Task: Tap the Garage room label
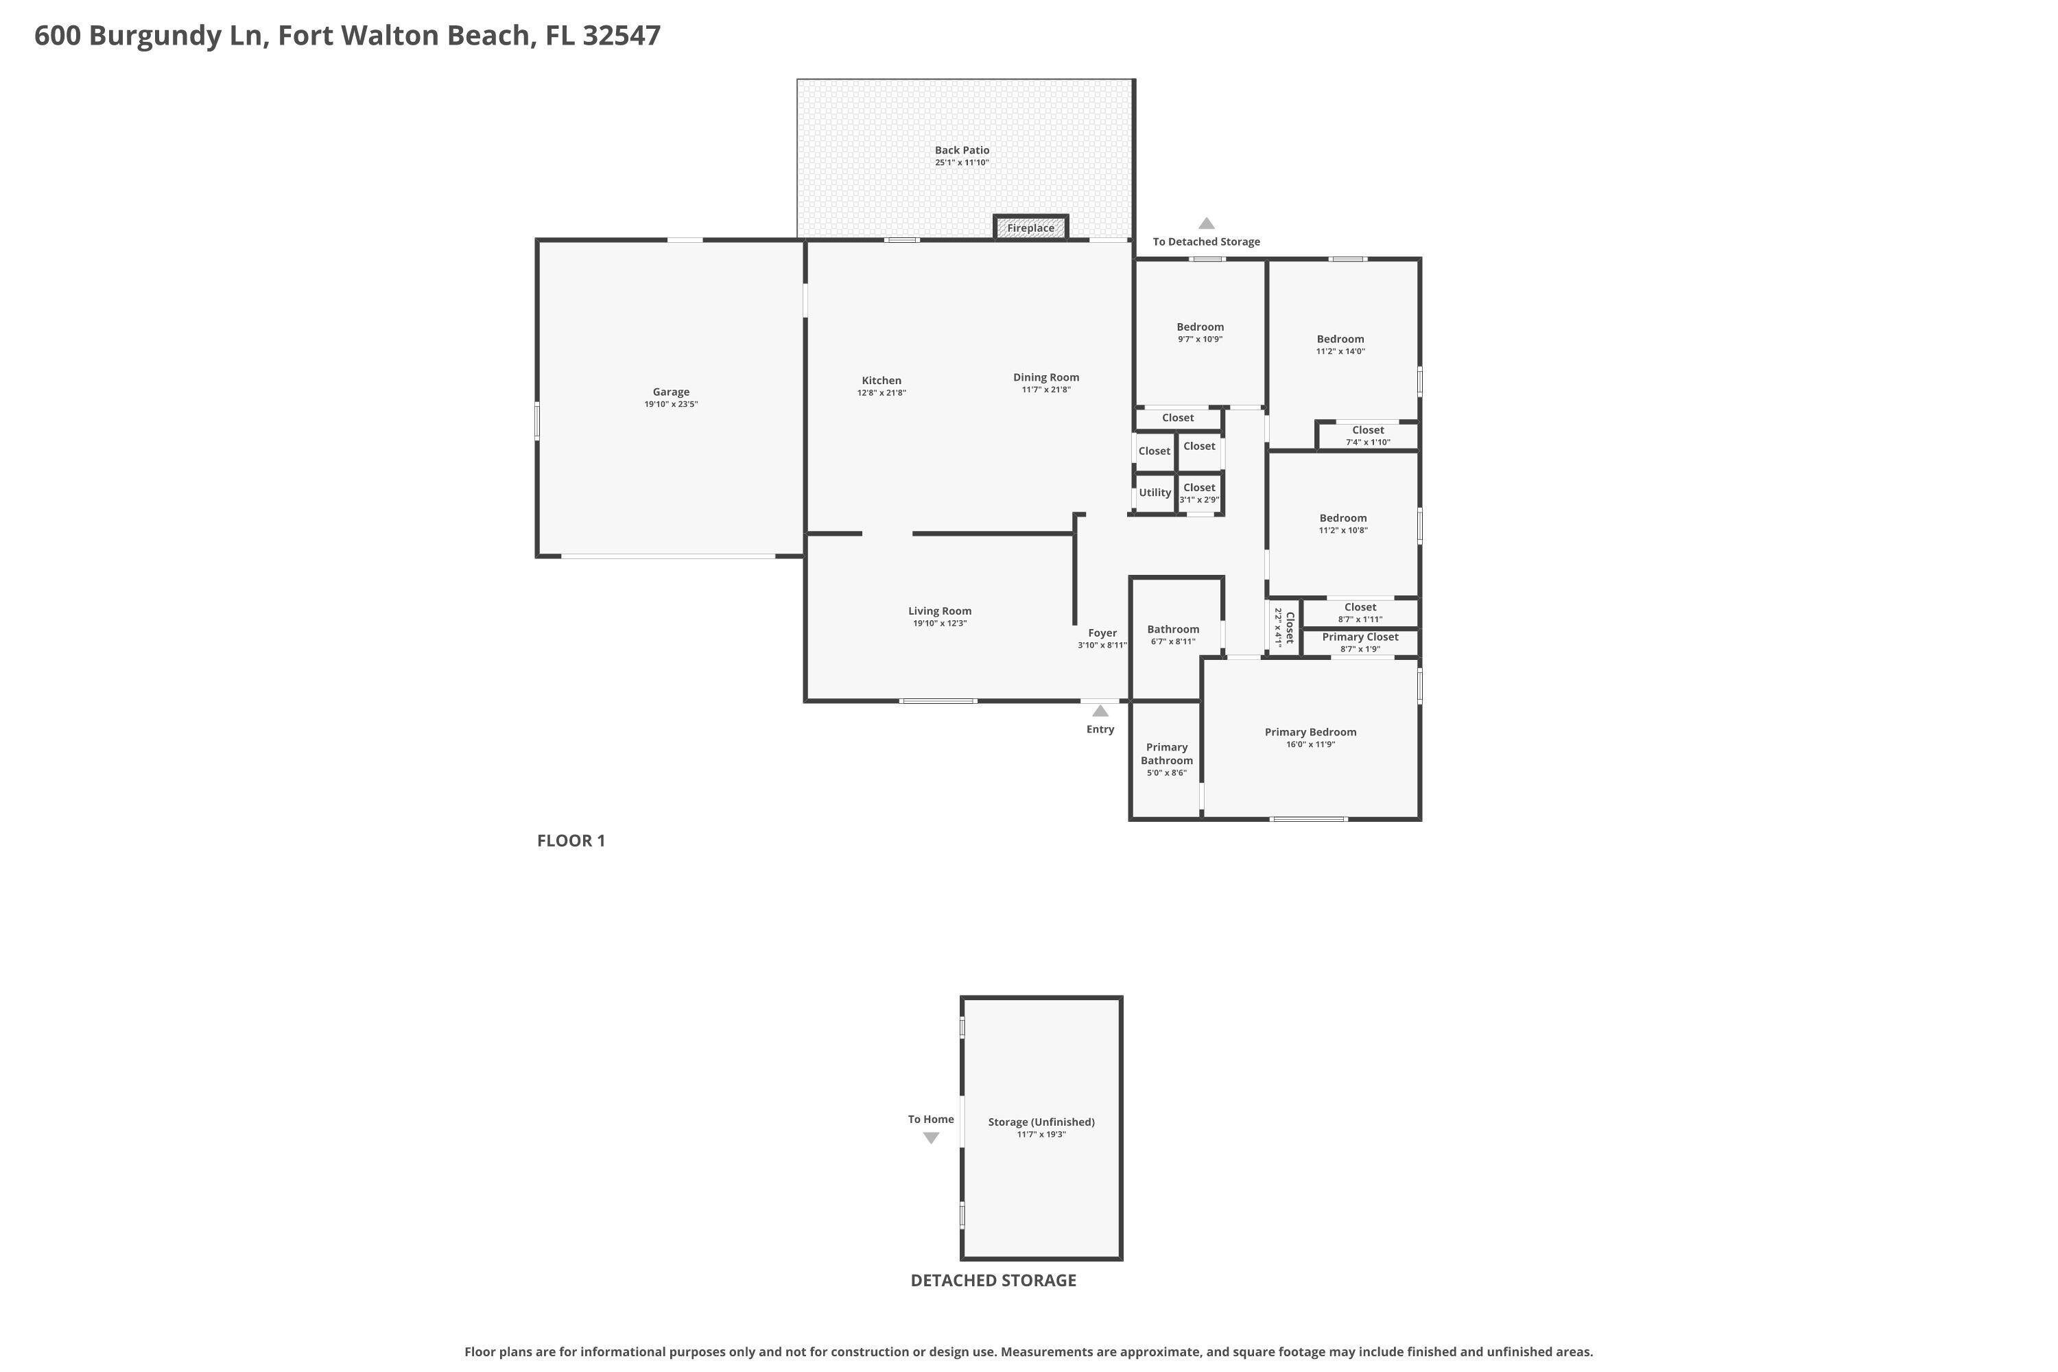670,392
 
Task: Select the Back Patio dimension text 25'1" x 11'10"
962,163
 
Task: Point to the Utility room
1154,493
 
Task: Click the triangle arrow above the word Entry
1100,711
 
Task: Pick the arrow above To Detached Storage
1206,223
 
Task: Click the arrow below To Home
931,1138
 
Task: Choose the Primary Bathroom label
1166,753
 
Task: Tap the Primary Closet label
1360,637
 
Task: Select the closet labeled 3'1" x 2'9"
1198,493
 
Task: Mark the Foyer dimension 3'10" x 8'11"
1102,646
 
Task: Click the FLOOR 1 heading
571,841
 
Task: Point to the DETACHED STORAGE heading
993,1280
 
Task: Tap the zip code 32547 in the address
622,36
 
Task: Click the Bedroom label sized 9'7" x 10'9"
1200,327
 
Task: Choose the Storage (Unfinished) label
1041,1122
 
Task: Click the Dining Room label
1045,377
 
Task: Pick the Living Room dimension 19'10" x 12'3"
940,624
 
